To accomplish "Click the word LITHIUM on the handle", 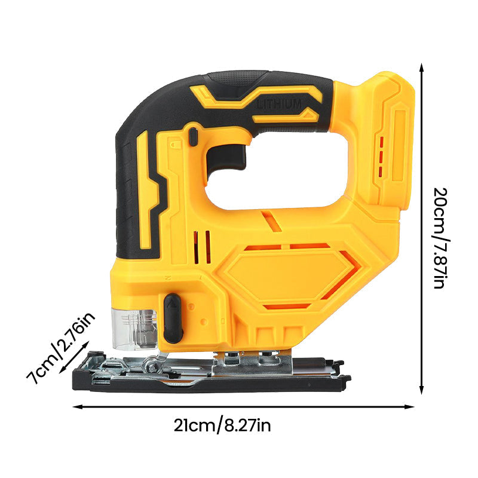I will click(x=279, y=104).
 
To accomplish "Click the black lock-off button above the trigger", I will click(x=193, y=136).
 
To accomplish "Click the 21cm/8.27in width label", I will click(x=222, y=425).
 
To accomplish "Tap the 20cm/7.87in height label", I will click(x=439, y=238).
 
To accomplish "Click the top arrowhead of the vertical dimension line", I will click(x=422, y=66).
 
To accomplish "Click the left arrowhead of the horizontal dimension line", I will click(x=76, y=407).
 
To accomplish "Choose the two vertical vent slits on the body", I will click(x=204, y=247).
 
